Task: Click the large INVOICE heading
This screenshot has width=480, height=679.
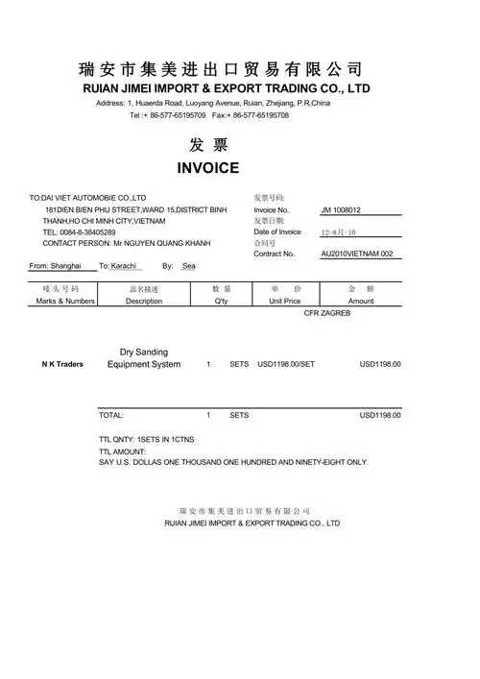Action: tap(207, 168)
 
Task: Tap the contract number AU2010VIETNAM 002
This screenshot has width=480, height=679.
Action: tap(357, 254)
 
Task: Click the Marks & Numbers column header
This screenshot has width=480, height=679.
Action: tap(65, 301)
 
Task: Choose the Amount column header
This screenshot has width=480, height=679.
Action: tap(361, 301)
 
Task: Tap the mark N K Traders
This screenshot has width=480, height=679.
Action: tap(63, 365)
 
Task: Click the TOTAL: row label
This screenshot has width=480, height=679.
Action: tap(111, 416)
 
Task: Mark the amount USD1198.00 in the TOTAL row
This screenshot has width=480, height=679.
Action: tap(380, 416)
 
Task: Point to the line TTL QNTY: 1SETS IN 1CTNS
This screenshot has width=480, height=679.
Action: tap(146, 439)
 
